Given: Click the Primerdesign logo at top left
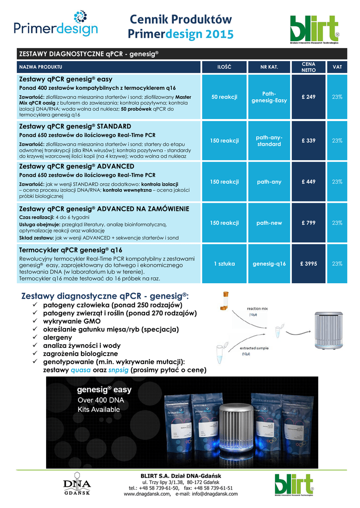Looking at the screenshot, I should [56, 25].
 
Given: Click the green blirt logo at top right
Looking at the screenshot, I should [315, 30].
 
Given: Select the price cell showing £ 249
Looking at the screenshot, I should [308, 97].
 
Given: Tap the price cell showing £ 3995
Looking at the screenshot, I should [308, 263].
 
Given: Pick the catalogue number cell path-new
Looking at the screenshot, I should [269, 223].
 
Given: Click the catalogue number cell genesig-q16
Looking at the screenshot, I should [269, 263].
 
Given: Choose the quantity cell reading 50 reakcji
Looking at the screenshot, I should [224, 97].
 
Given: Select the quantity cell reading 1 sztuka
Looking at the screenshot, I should [224, 263].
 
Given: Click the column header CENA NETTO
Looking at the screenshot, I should [308, 67].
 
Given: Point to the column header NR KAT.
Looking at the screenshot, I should [269, 67].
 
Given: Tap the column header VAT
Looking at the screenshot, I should [337, 67].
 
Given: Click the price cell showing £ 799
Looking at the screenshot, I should [308, 223].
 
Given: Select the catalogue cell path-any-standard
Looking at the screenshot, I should [269, 140].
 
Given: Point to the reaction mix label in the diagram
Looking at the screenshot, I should [258, 309].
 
